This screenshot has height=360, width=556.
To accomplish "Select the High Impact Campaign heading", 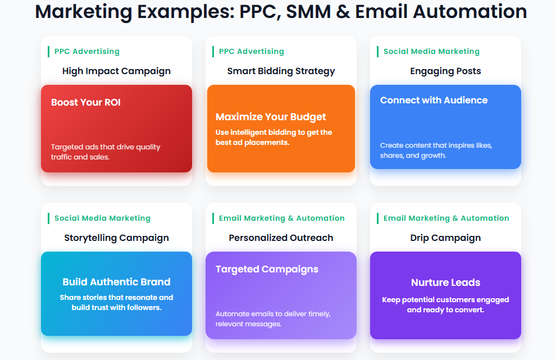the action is (x=116, y=71).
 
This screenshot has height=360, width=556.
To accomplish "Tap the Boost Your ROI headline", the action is (x=86, y=103).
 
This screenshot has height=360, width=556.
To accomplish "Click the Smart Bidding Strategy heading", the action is (x=281, y=71).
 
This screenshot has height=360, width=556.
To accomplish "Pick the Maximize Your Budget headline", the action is (x=271, y=117).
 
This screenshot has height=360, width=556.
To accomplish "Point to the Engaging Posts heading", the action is (x=445, y=71).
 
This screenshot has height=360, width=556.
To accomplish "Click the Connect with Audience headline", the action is (x=434, y=101).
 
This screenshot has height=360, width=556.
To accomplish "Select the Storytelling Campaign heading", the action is (x=116, y=238).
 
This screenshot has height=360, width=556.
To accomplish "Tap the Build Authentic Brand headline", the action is (x=116, y=282).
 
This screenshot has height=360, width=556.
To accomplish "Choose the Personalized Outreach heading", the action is (x=281, y=238).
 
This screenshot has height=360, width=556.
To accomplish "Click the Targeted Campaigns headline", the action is (x=267, y=270).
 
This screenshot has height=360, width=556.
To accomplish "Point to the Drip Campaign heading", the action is (x=445, y=238).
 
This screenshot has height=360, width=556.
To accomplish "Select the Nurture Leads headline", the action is (x=445, y=282).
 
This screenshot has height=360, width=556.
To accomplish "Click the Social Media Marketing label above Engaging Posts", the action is (x=431, y=52).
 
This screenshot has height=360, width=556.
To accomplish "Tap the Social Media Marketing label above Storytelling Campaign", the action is (x=102, y=218).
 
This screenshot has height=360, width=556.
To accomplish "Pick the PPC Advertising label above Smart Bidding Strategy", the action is (x=252, y=52).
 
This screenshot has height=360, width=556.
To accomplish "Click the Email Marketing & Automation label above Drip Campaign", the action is (x=446, y=218).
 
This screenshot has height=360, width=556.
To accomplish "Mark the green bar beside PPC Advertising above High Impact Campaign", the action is (x=48, y=52).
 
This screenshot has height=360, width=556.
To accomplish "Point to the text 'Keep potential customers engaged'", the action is (x=445, y=300).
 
